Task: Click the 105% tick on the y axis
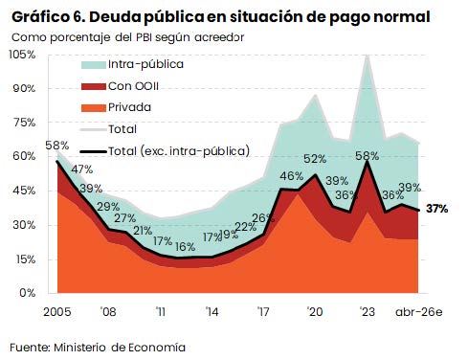tap(22, 55)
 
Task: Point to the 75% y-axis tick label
tap(24, 123)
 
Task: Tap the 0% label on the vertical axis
tap(27, 293)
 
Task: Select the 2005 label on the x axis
tap(57, 311)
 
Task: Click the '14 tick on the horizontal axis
tap(212, 311)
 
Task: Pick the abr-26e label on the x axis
tap(419, 312)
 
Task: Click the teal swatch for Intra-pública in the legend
tap(94, 65)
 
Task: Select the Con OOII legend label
tap(133, 86)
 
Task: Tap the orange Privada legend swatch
tap(94, 108)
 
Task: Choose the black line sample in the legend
tap(93, 151)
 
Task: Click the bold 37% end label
tap(437, 209)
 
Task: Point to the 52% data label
tap(315, 159)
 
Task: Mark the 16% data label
tap(185, 247)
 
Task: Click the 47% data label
tap(81, 169)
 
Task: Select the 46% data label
tap(291, 176)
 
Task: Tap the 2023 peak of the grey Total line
tap(368, 56)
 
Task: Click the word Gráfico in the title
tap(39, 17)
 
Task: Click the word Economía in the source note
tap(157, 348)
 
